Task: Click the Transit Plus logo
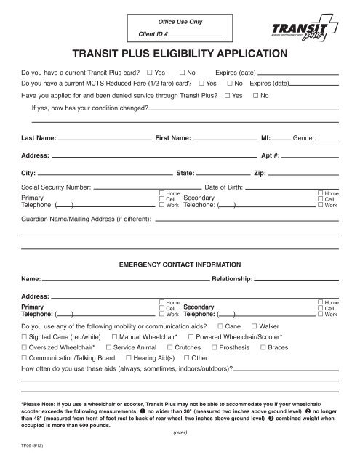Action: [x=295, y=28]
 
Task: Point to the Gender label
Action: [x=305, y=138]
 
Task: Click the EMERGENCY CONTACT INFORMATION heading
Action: [x=180, y=264]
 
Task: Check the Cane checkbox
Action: [x=220, y=327]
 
